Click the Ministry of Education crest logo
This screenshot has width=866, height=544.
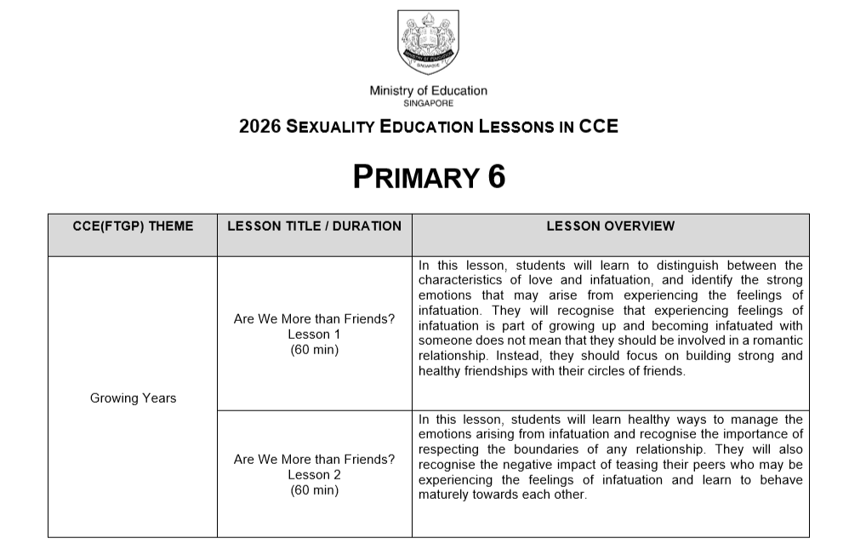428,42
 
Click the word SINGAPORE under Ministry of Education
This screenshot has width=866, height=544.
428,103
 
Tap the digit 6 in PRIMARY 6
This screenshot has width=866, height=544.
497,177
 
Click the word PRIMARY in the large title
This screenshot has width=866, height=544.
416,177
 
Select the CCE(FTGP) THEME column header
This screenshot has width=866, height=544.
133,226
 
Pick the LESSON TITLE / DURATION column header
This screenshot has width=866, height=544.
314,226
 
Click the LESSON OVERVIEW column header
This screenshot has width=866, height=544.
610,226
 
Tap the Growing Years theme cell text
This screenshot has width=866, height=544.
133,398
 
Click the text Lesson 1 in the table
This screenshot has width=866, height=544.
314,335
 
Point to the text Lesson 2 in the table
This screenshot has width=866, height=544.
314,475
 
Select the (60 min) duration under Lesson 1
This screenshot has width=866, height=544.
314,350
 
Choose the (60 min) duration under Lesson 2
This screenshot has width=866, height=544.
314,490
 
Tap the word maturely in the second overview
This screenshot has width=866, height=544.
443,495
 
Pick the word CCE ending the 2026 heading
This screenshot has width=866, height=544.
599,128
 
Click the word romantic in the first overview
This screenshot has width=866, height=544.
776,341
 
